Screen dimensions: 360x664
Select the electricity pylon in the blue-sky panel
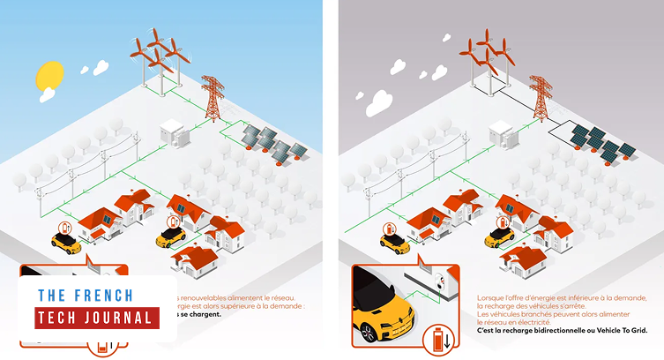click(x=212, y=97)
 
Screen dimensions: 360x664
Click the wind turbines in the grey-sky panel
click(x=483, y=56)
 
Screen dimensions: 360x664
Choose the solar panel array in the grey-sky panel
click(x=601, y=141)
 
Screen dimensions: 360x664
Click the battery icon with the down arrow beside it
click(x=439, y=337)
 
